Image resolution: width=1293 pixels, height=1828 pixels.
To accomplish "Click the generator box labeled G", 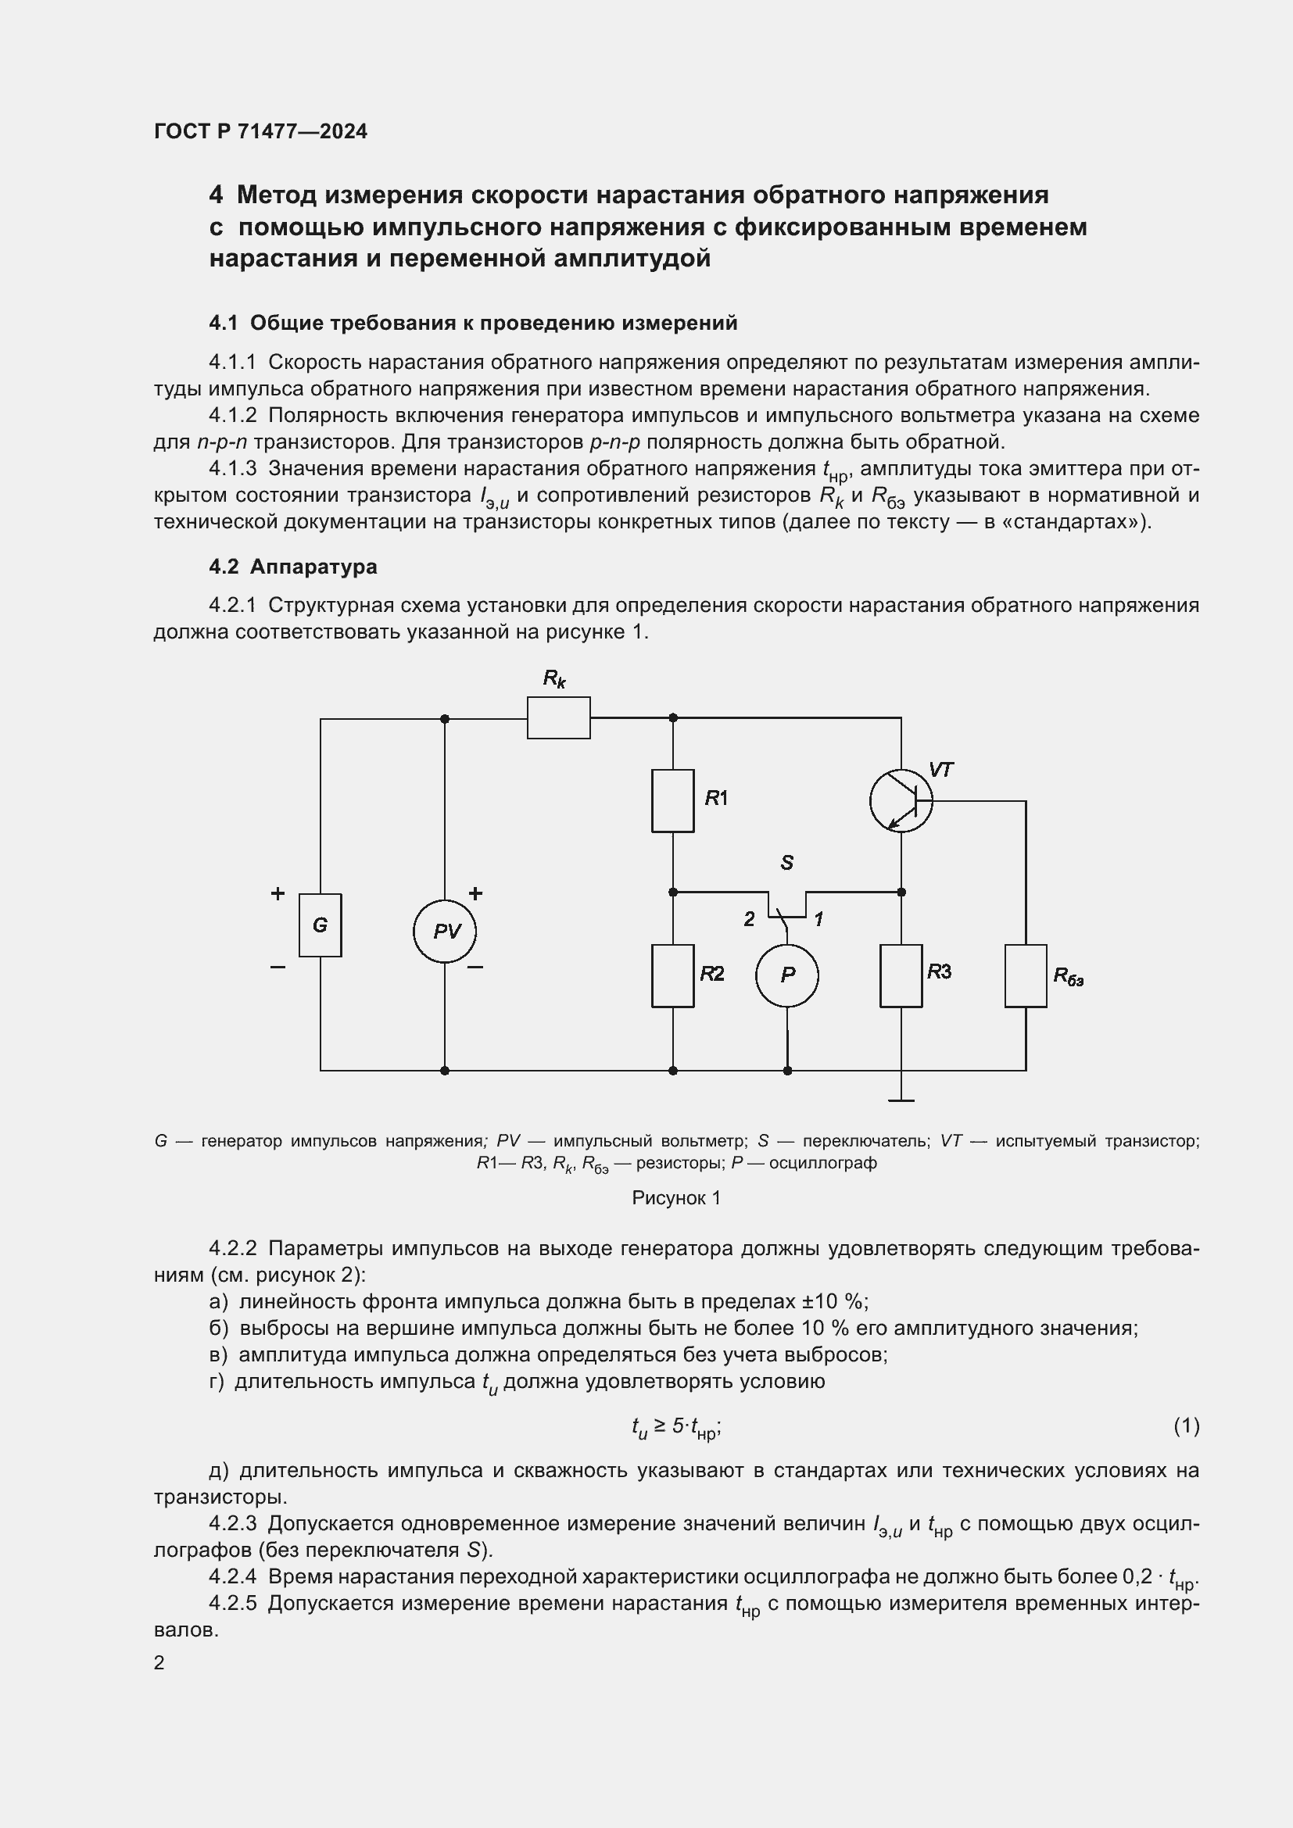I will [x=320, y=925].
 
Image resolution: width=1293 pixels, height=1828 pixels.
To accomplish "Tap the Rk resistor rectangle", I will [x=558, y=717].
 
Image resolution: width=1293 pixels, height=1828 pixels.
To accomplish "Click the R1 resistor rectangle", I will [x=673, y=800].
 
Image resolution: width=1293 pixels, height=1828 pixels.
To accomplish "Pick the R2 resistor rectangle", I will [x=673, y=975].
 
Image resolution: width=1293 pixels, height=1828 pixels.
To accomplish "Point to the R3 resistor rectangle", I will [x=901, y=975].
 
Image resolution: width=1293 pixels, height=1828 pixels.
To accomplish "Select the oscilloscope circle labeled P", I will [x=787, y=975].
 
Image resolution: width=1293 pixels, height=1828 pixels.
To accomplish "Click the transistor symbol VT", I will [x=901, y=800].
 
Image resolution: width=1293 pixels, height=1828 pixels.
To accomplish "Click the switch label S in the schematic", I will [x=787, y=862].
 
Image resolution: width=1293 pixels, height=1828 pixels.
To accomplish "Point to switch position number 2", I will [x=749, y=920].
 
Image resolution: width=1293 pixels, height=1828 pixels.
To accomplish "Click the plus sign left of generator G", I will [x=278, y=893].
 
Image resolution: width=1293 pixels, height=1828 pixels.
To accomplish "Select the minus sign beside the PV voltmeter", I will [x=475, y=968].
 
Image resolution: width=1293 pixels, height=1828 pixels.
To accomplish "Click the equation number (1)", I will [x=1187, y=1426].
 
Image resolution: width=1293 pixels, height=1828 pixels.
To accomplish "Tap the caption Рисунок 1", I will [x=676, y=1198].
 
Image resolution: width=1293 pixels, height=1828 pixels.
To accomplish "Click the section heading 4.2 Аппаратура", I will [x=293, y=567].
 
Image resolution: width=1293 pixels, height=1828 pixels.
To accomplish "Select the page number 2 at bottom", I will [x=159, y=1662].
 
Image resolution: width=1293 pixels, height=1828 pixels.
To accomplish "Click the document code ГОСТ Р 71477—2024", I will [x=261, y=131].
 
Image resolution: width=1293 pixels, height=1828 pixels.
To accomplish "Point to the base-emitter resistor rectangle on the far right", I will [x=1026, y=975].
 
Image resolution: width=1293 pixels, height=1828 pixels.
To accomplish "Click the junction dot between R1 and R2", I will [x=673, y=892].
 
